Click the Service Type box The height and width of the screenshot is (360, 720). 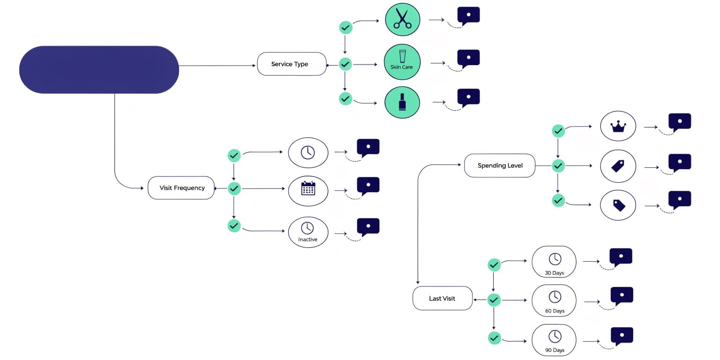point(292,64)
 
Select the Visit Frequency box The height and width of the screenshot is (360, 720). point(181,187)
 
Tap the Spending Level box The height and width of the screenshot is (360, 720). point(500,165)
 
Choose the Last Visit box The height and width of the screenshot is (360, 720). point(442,298)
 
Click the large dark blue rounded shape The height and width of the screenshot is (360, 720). point(99,70)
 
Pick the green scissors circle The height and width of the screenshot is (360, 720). point(403,19)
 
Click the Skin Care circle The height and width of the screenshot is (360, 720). point(402,62)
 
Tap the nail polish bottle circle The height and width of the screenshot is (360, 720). point(402,103)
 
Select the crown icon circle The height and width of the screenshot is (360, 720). point(618,126)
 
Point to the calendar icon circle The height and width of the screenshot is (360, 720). point(308,191)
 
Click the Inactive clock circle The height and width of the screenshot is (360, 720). point(308,232)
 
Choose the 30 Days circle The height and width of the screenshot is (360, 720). point(554,262)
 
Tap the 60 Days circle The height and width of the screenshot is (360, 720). point(554,300)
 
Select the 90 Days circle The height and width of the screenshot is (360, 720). point(554,340)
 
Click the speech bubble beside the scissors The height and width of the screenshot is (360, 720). point(469,16)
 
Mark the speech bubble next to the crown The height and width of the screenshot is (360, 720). point(680,122)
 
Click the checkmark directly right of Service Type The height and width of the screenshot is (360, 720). point(345,64)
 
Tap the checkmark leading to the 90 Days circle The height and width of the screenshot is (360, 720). point(495,338)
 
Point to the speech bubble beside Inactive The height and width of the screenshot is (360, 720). point(368,227)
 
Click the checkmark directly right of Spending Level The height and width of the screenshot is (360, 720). point(558,166)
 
